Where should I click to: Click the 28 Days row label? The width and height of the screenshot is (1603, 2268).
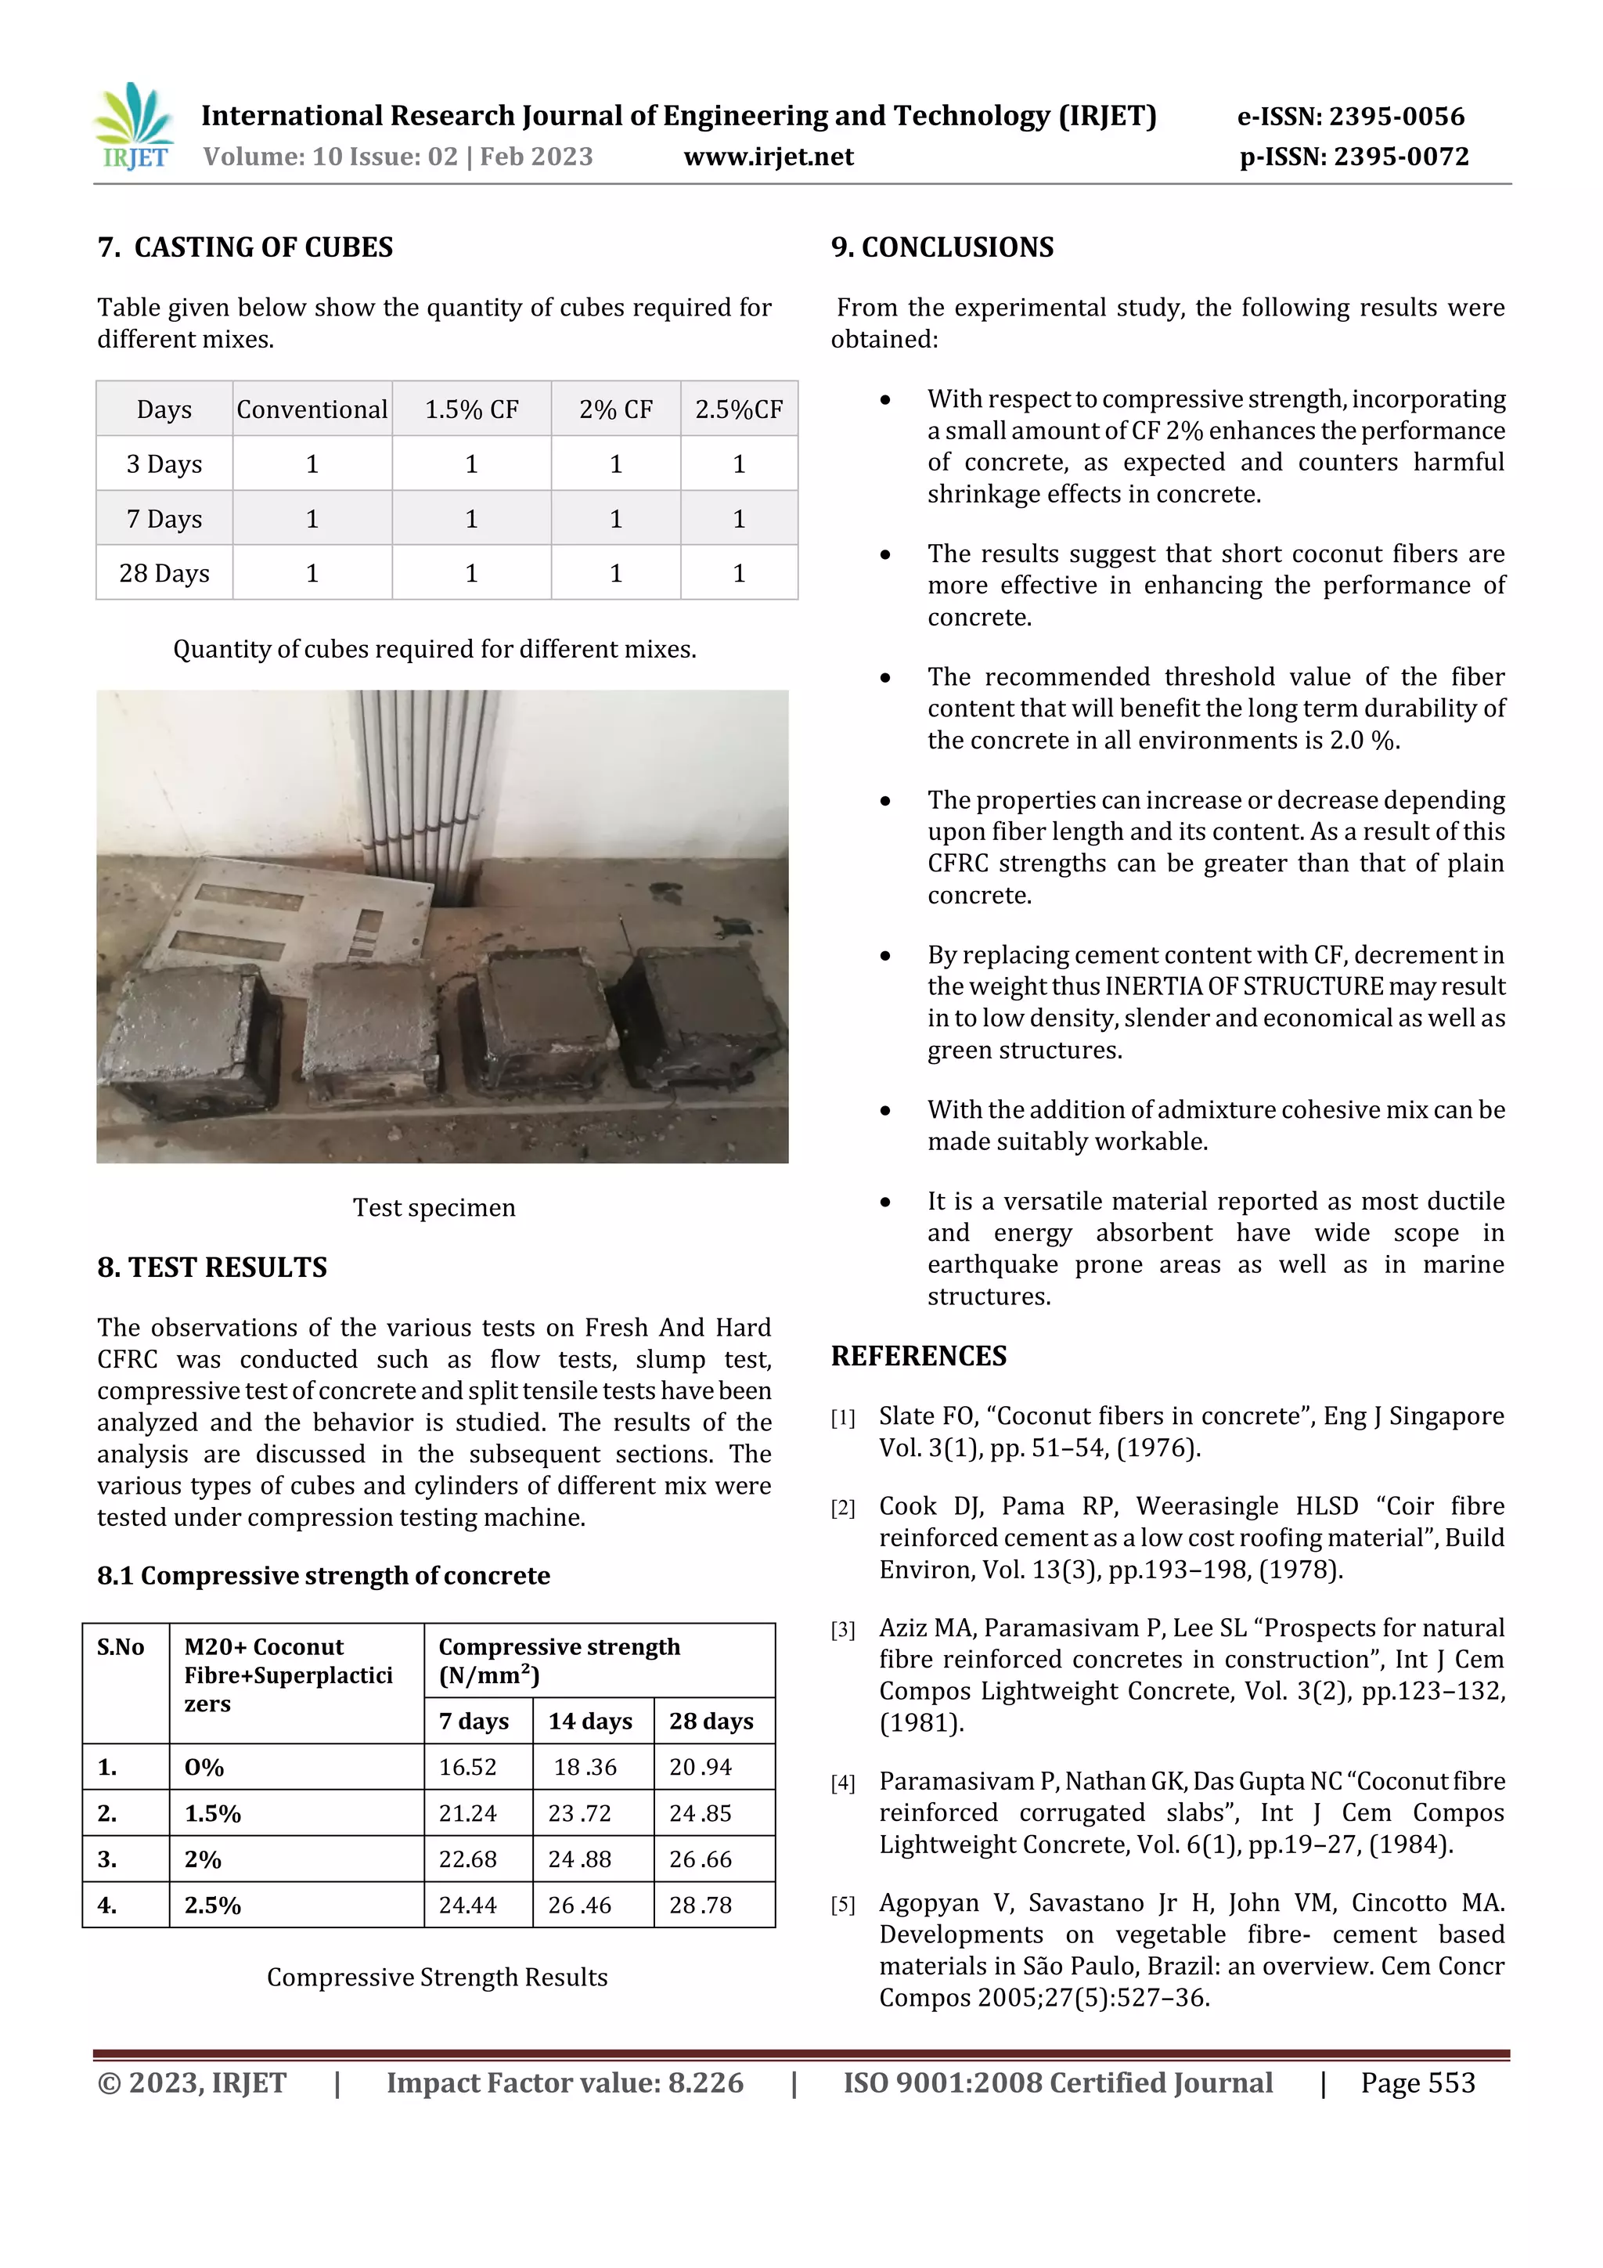164,574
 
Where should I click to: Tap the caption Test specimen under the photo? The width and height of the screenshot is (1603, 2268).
434,1207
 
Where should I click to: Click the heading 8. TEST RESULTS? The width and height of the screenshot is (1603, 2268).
211,1267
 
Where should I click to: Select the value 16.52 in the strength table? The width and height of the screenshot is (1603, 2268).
467,1767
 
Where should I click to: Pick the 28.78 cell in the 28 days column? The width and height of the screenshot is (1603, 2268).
701,1906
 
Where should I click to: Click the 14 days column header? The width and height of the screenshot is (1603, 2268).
589,1722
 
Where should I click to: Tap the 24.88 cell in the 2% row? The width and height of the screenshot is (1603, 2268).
580,1860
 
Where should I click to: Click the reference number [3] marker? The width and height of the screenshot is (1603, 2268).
842,1630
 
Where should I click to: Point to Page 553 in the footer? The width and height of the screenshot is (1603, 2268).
1417,2083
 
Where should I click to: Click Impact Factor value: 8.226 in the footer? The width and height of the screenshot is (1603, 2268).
564,2083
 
